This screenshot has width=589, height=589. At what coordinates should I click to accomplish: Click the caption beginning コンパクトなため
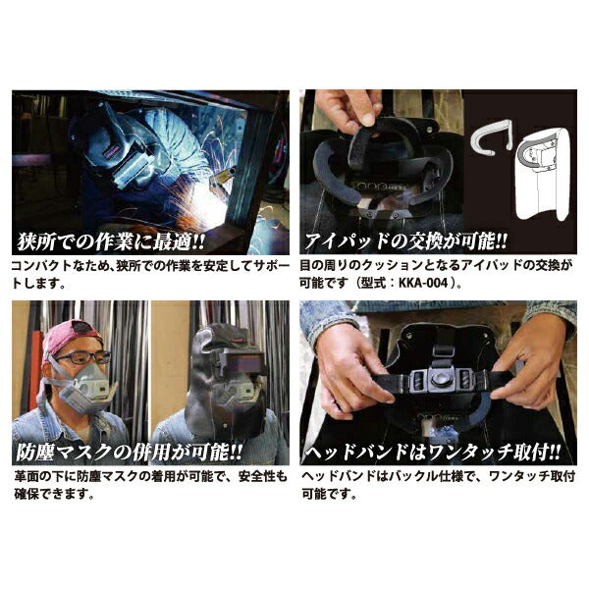tap(147, 274)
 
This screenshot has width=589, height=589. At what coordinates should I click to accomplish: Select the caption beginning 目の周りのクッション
tap(437, 274)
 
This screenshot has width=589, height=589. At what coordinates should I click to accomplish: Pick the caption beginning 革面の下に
tap(147, 485)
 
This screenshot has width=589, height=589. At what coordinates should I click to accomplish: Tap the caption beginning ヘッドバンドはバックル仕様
tap(437, 485)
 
